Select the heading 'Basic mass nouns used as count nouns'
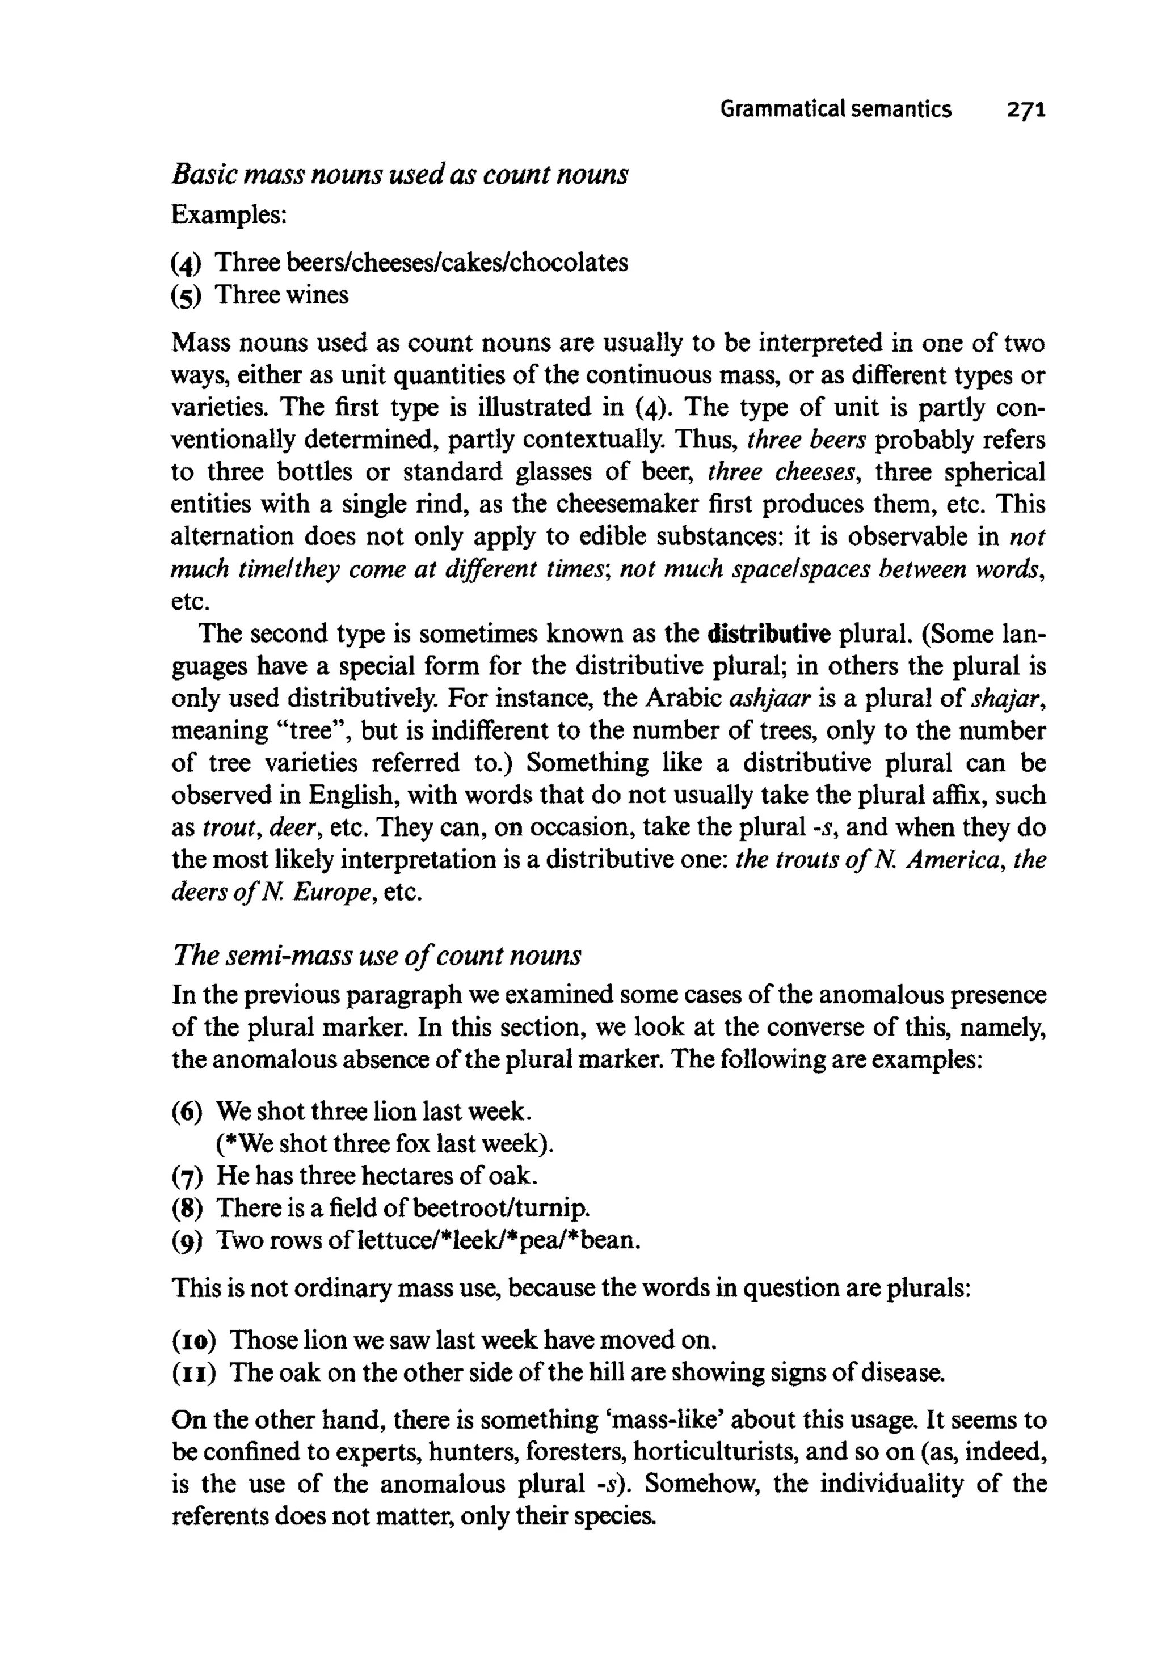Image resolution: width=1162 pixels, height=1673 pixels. (399, 175)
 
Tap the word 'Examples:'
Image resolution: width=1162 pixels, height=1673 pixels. (229, 216)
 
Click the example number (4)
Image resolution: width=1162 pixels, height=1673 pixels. (186, 263)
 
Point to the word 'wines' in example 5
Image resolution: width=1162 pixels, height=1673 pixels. (316, 295)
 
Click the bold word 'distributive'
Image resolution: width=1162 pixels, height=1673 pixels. (768, 634)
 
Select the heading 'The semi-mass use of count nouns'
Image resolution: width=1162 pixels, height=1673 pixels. (376, 956)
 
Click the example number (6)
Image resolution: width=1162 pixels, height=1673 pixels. (186, 1112)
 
